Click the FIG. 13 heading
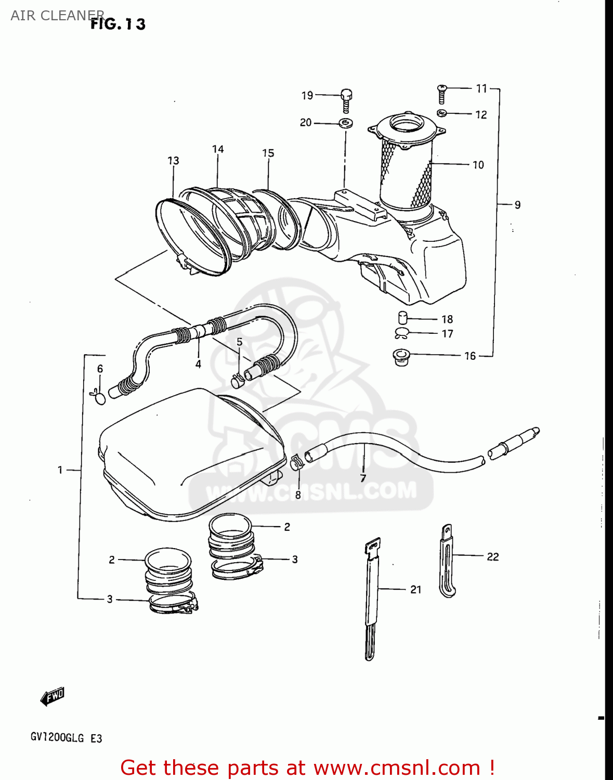click(119, 24)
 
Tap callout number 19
click(307, 95)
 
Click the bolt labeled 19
click(347, 100)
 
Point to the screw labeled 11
click(442, 93)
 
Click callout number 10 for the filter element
click(478, 165)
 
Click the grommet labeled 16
click(401, 357)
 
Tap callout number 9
click(517, 205)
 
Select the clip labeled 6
click(99, 397)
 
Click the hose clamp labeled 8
click(296, 461)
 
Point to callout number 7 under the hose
click(363, 478)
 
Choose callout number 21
click(415, 589)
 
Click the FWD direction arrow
click(52, 696)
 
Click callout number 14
click(218, 149)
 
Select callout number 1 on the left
click(60, 470)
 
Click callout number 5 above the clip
click(239, 342)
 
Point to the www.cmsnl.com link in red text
click(397, 768)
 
